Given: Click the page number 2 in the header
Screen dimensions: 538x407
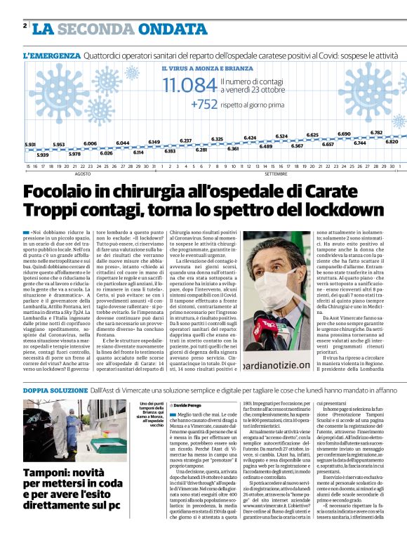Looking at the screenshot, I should tap(25, 25).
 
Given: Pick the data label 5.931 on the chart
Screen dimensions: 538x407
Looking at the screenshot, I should tap(30, 144).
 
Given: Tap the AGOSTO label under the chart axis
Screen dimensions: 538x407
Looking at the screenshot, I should tap(83, 173).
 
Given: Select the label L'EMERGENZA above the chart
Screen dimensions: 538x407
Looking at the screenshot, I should tap(51, 55).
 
